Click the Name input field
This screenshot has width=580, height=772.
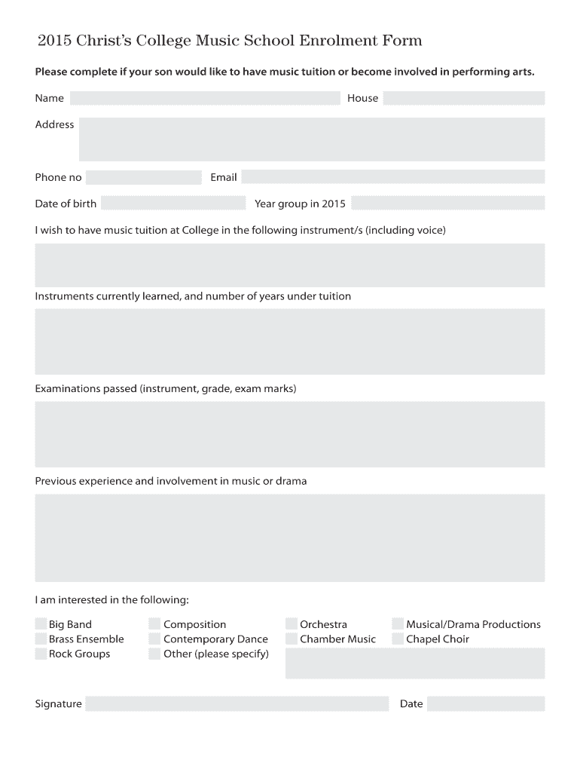click(205, 98)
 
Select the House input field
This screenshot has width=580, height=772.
click(463, 98)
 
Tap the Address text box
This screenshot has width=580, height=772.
click(311, 139)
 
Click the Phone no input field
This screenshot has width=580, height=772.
click(143, 178)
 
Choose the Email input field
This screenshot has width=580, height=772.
click(392, 177)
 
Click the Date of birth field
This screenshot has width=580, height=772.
click(173, 204)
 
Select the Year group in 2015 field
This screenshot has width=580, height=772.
click(447, 204)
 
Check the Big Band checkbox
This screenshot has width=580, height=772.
click(41, 624)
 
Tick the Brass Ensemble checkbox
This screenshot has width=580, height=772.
click(41, 639)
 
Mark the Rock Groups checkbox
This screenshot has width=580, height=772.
click(41, 654)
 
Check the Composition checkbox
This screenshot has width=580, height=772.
click(154, 624)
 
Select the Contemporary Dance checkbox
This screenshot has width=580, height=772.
click(154, 639)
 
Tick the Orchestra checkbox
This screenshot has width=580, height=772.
click(292, 624)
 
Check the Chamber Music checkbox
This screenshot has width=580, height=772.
click(292, 639)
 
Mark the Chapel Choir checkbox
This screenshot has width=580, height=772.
click(398, 639)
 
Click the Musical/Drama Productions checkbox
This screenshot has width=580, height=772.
click(398, 624)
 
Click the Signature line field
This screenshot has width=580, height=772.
click(237, 704)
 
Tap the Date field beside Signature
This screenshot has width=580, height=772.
click(485, 704)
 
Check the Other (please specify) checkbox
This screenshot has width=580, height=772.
click(154, 654)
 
